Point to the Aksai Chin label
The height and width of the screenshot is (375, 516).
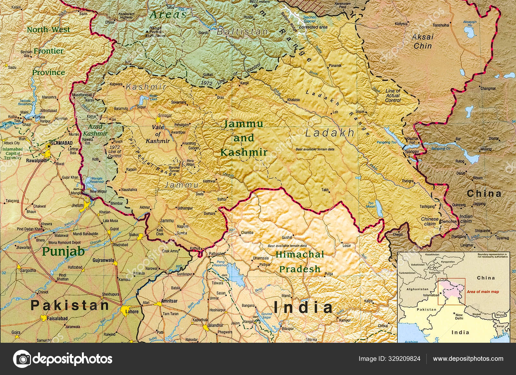click(423, 41)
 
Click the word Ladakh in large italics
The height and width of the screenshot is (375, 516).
click(330, 133)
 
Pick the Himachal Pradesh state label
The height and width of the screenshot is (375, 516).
click(299, 262)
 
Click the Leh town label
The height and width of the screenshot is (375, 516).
click(335, 112)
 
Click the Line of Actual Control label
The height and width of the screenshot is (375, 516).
click(393, 96)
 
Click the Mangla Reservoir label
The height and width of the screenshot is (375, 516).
click(96, 180)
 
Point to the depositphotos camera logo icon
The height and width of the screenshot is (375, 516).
click(22, 359)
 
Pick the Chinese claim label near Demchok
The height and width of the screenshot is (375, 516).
click(430, 221)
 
